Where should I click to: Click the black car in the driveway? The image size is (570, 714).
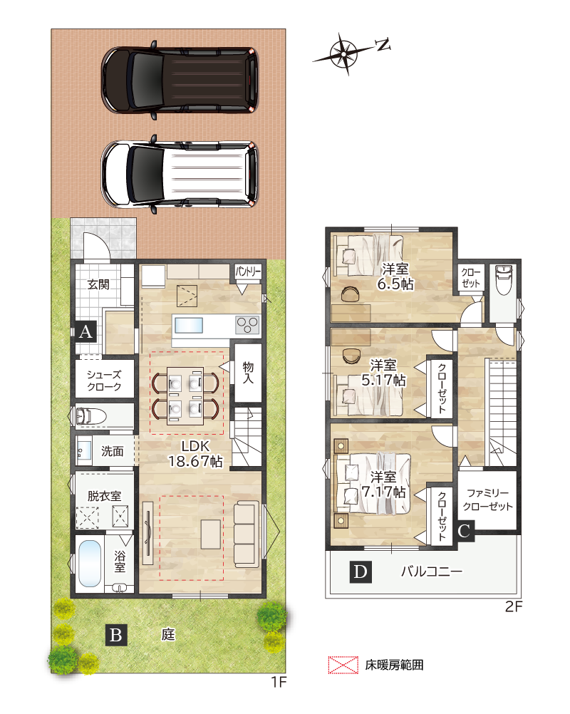pyautogui.click(x=180, y=80)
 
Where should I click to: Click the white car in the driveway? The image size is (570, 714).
pyautogui.click(x=180, y=175)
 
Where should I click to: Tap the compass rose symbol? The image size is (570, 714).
pyautogui.click(x=345, y=53)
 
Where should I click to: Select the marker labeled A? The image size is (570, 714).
pyautogui.click(x=85, y=331)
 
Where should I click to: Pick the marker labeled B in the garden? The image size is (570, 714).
pyautogui.click(x=116, y=634)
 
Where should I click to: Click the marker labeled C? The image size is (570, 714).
pyautogui.click(x=464, y=531)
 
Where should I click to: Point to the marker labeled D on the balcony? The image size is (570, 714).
pyautogui.click(x=361, y=572)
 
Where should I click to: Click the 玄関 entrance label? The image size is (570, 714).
pyautogui.click(x=98, y=284)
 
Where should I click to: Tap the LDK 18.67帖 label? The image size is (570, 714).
pyautogui.click(x=196, y=454)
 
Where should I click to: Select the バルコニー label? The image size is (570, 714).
pyautogui.click(x=432, y=571)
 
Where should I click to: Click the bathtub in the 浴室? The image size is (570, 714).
pyautogui.click(x=90, y=564)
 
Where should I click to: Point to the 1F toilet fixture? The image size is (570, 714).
pyautogui.click(x=90, y=416)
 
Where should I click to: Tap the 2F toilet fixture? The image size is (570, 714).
pyautogui.click(x=504, y=279)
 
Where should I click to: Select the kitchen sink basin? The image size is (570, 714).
pyautogui.click(x=189, y=326)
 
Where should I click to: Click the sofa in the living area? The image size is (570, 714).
pyautogui.click(x=247, y=534)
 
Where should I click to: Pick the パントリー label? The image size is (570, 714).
pyautogui.click(x=248, y=272)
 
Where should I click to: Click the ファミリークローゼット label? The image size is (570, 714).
pyautogui.click(x=487, y=500)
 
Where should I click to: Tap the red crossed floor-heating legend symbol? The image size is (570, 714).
pyautogui.click(x=343, y=665)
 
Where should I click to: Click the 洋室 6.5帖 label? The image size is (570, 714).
pyautogui.click(x=395, y=276)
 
